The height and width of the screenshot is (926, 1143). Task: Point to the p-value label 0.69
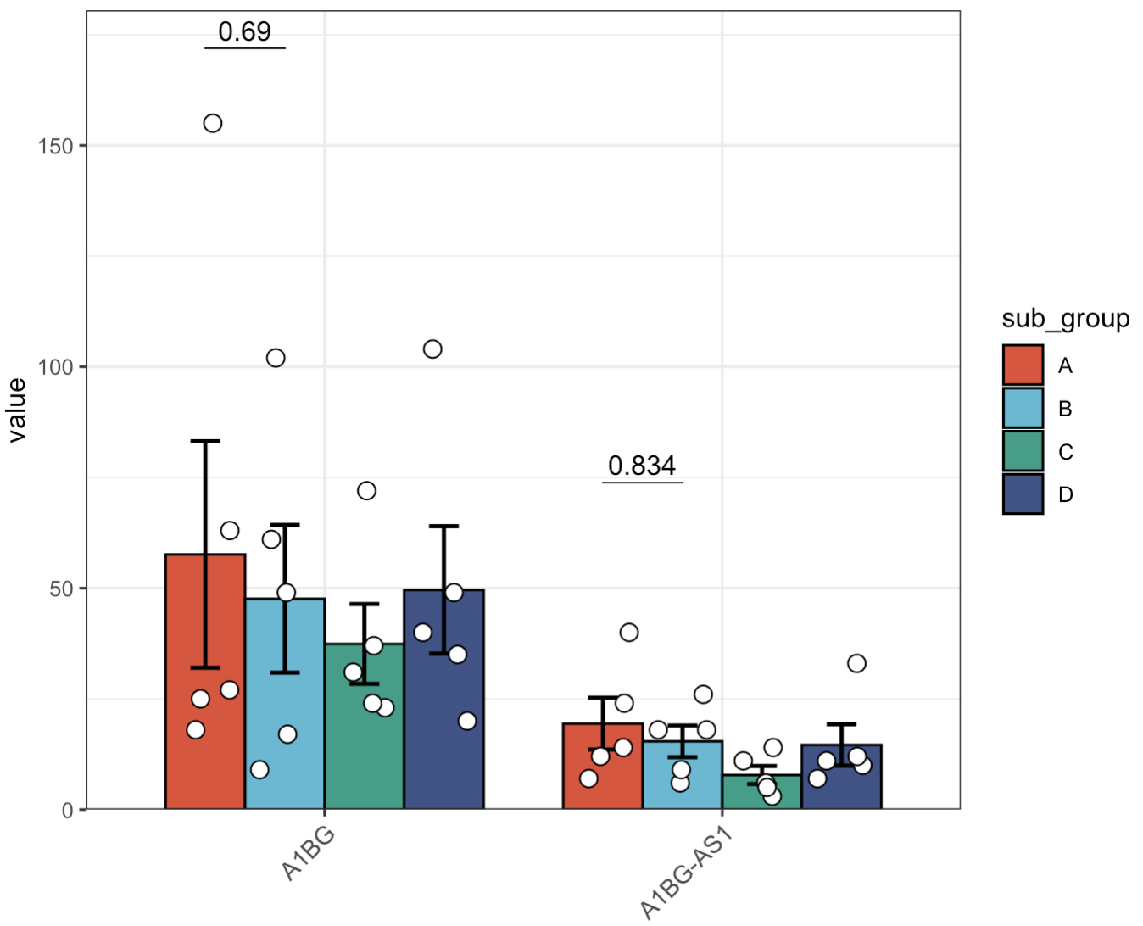coord(244,31)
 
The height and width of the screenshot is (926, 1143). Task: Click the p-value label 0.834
coord(642,466)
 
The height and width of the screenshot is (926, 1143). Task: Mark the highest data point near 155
coord(213,124)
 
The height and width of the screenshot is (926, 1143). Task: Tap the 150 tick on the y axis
coord(55,146)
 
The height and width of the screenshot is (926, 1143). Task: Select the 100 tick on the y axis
coord(55,367)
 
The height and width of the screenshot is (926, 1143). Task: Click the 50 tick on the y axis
coord(61,589)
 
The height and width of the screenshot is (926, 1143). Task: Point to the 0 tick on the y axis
coord(67,810)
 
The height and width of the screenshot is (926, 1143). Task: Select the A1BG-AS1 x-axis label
coord(686,873)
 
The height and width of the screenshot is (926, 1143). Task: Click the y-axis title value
coord(17,410)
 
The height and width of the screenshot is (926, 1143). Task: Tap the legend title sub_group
coord(1065,319)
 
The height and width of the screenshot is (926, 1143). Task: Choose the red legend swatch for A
coord(1023,365)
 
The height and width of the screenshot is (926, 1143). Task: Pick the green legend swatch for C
coord(1023,451)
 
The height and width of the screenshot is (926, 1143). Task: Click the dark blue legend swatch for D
coord(1023,494)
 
